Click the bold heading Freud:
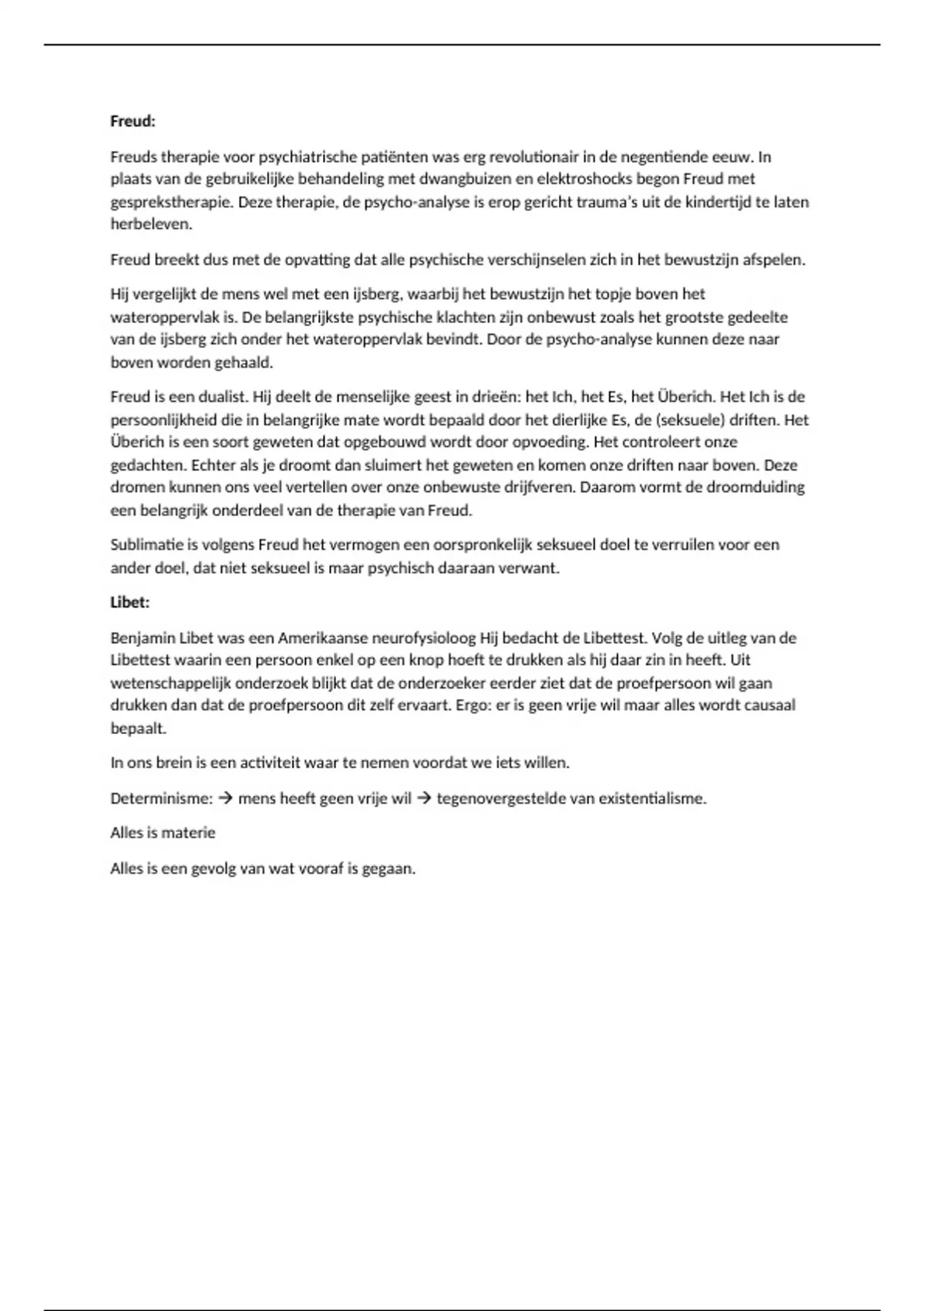(133, 121)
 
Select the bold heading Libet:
(129, 602)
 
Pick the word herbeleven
(150, 224)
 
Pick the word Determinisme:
(161, 798)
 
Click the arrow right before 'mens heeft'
(226, 798)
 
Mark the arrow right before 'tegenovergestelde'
(424, 798)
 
